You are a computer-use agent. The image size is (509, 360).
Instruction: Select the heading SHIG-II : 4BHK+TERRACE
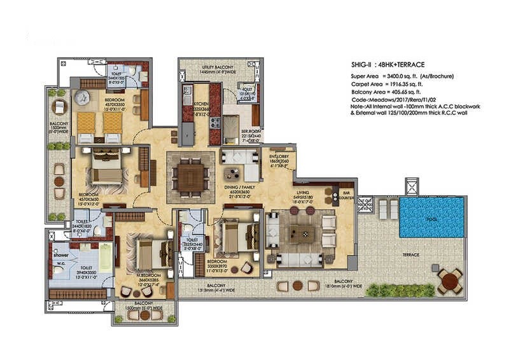387,65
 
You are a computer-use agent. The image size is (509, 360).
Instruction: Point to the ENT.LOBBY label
279,156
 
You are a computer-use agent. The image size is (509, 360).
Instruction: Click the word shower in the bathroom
61,254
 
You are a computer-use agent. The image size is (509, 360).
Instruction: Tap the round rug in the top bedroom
83,98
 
